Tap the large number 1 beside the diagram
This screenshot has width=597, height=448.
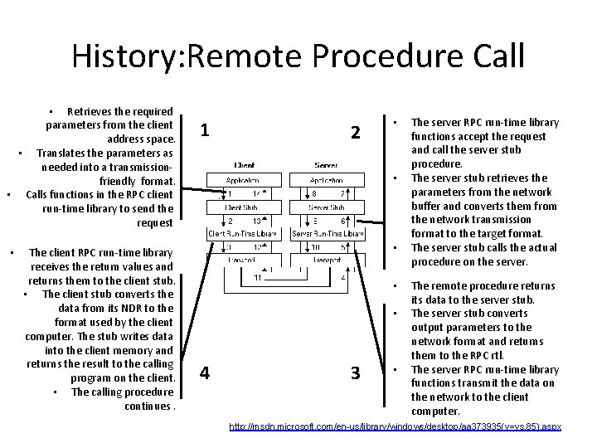pyautogui.click(x=205, y=131)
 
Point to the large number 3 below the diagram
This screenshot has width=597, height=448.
pyautogui.click(x=355, y=373)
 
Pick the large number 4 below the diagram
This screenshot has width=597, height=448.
pyautogui.click(x=205, y=373)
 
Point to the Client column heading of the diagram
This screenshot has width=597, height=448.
pyautogui.click(x=244, y=164)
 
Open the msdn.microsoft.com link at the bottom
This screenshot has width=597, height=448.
pyautogui.click(x=395, y=426)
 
